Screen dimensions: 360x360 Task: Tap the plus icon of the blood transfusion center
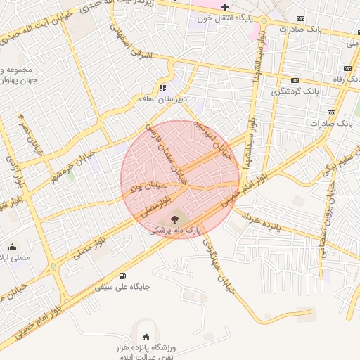[x=225, y=7]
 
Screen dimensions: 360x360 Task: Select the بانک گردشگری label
[x=296, y=91]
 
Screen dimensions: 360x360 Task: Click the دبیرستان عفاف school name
[x=164, y=100]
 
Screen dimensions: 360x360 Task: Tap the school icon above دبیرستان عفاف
[x=163, y=88]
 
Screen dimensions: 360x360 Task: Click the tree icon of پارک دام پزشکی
[x=175, y=219]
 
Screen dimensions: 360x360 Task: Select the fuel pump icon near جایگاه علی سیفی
[x=124, y=276]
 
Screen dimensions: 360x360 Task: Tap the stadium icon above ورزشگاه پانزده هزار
[x=146, y=337]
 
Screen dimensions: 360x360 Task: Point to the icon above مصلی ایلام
[x=13, y=247]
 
